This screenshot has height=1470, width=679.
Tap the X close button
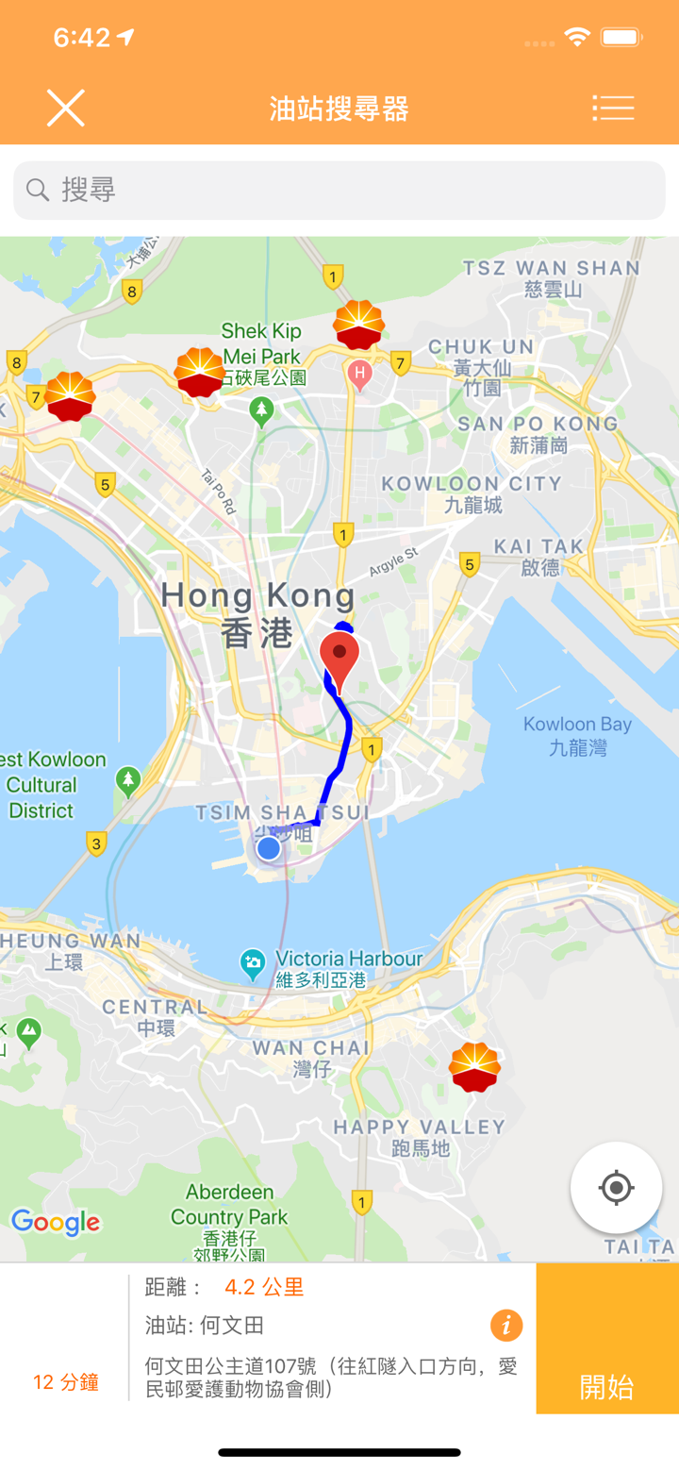coord(66,109)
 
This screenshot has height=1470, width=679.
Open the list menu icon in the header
coord(613,109)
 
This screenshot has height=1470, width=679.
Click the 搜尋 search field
coord(339,190)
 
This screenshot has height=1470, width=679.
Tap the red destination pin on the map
coord(339,657)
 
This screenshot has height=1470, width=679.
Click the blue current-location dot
coord(269,848)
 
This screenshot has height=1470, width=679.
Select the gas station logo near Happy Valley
coord(474,1067)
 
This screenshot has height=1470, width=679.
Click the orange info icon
coord(506,1326)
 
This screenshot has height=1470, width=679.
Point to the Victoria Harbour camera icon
coord(252,962)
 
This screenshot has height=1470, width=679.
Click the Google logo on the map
coord(56,1223)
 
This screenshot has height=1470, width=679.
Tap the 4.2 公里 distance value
coord(264,1287)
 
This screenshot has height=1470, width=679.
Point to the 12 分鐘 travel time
coord(66,1382)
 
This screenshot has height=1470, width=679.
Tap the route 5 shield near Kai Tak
coord(469,564)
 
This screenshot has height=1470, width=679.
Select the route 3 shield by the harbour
coord(96,844)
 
